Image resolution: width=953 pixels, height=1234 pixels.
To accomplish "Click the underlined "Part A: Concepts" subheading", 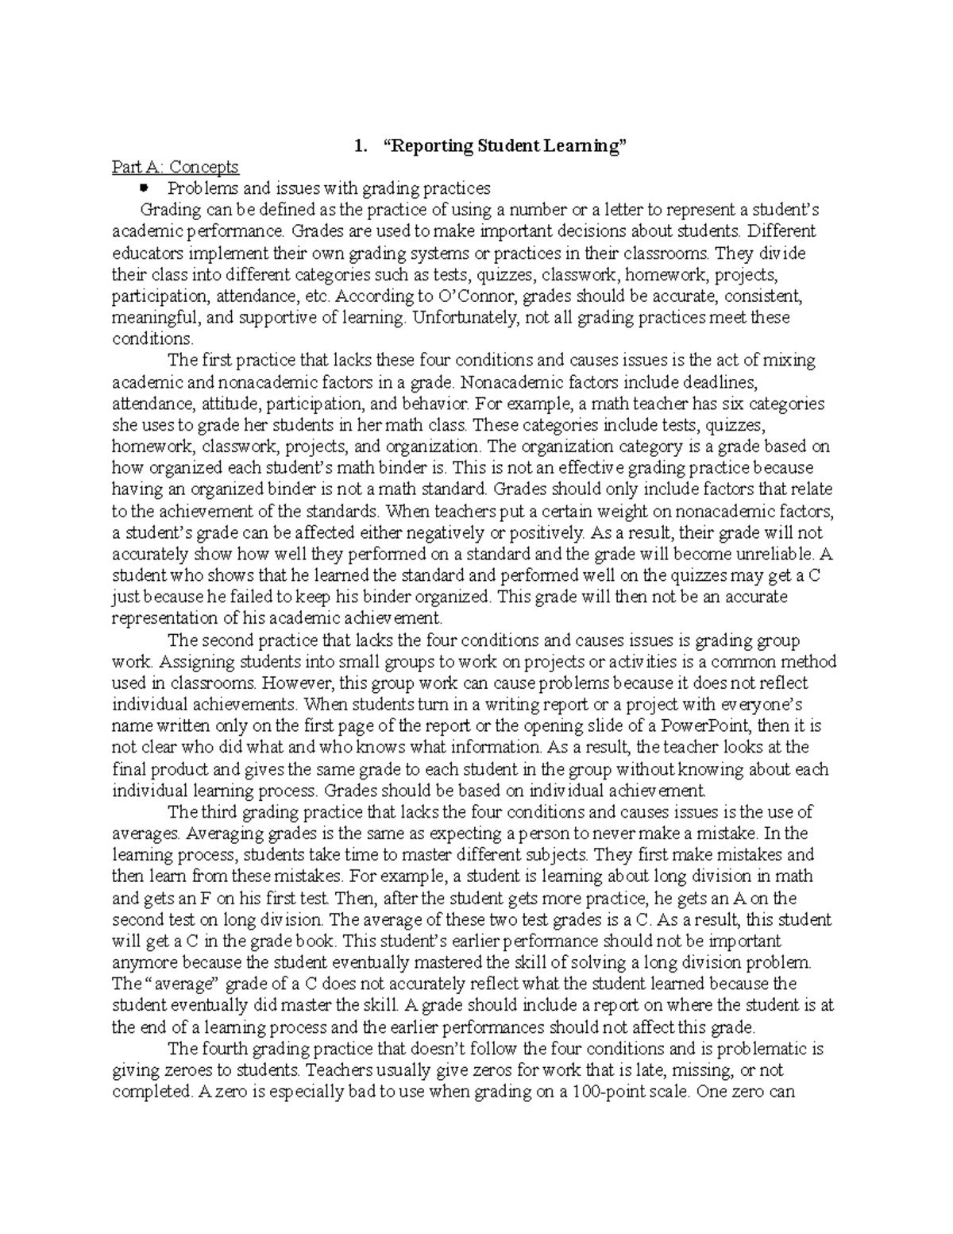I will (x=175, y=167).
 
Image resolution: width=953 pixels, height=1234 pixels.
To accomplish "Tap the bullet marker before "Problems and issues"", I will (x=144, y=188).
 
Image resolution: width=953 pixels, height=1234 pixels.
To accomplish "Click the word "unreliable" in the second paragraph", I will (x=770, y=554).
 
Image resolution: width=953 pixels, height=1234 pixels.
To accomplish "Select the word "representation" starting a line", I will (x=160, y=618).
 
